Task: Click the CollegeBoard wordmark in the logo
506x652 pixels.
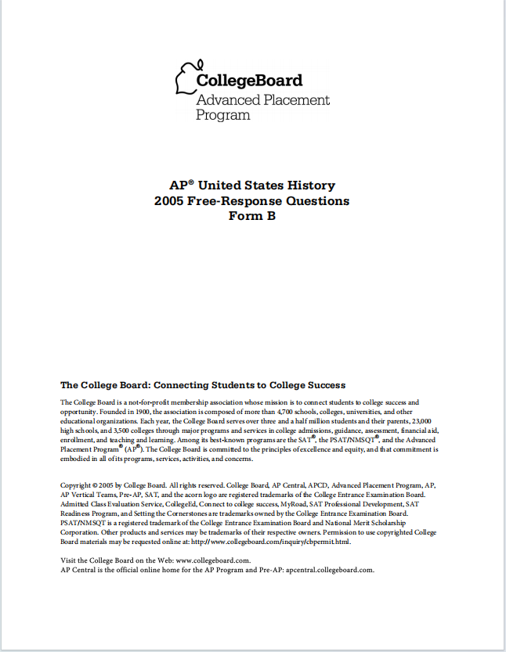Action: click(248, 81)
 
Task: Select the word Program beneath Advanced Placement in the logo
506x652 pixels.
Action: click(223, 115)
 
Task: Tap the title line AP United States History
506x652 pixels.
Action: click(252, 186)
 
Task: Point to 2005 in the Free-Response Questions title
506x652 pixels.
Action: click(172, 201)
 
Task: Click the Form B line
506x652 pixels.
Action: click(252, 216)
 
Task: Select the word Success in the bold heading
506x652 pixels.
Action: click(323, 385)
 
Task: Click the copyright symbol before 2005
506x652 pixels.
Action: click(95, 486)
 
